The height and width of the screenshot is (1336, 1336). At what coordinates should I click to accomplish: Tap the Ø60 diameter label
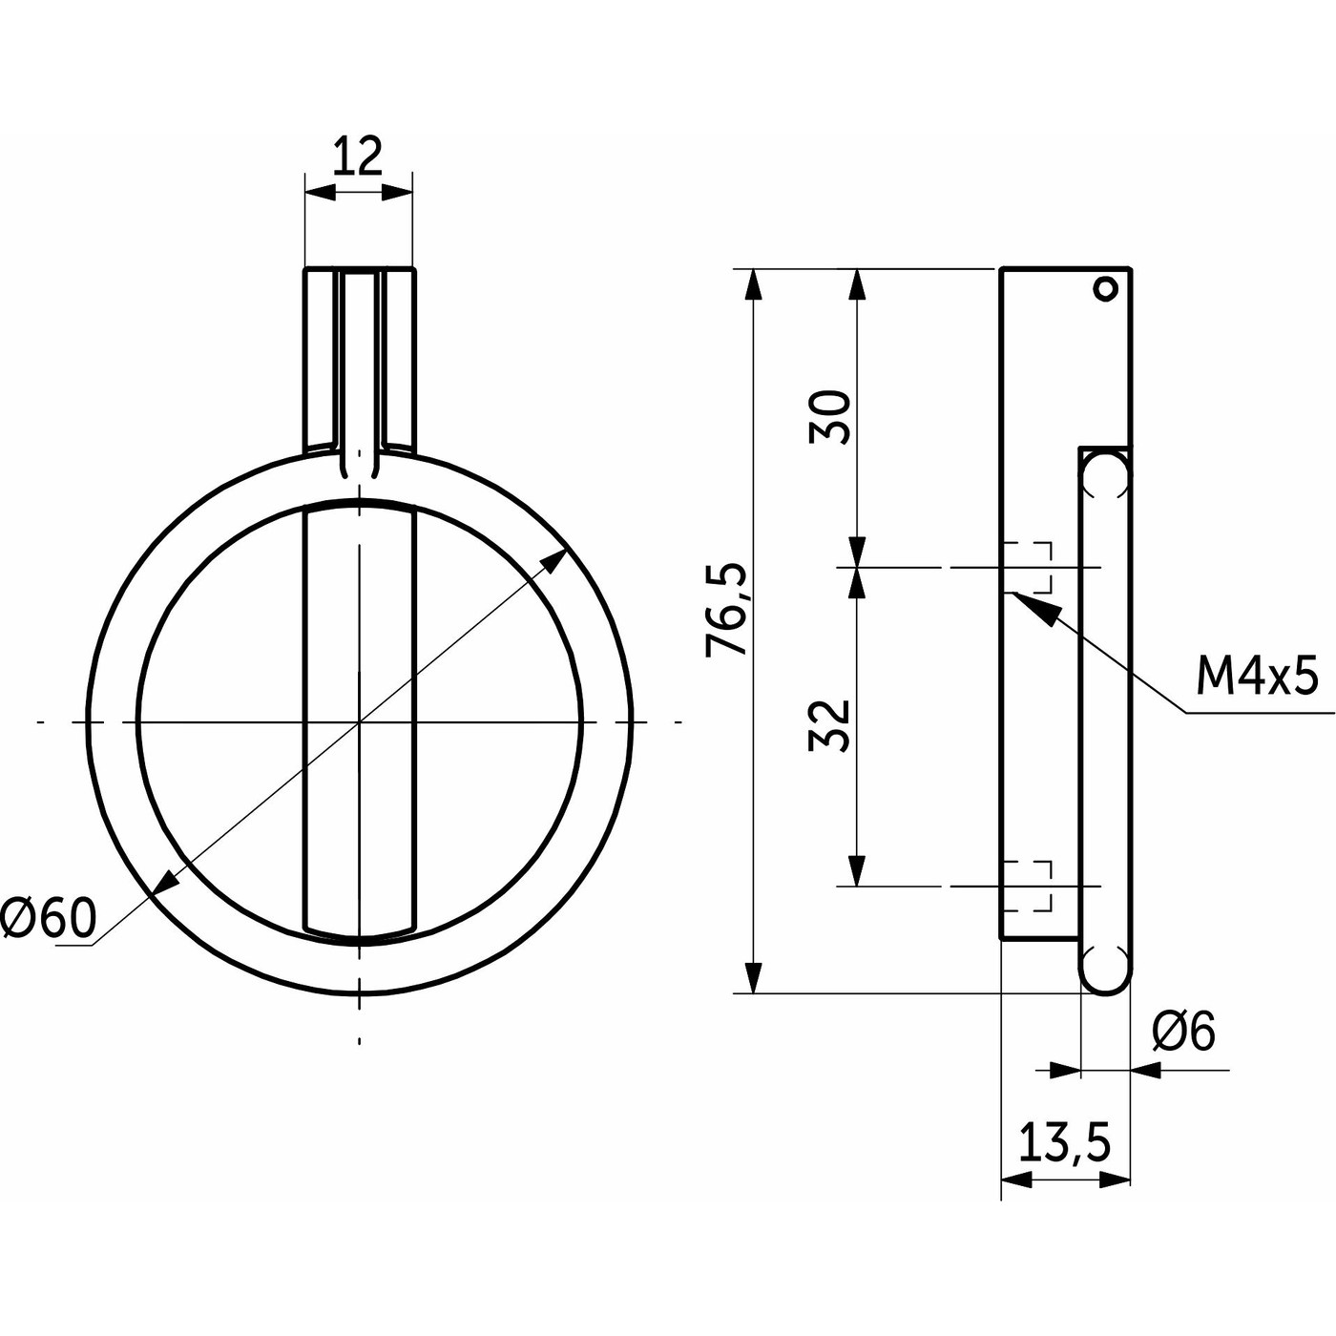click(x=49, y=920)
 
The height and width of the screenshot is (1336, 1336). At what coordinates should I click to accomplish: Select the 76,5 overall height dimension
click(x=726, y=611)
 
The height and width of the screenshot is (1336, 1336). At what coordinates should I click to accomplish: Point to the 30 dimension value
click(x=829, y=417)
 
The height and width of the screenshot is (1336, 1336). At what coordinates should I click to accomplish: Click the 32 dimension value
click(x=829, y=726)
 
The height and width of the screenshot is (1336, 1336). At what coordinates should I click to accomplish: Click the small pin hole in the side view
click(x=1106, y=287)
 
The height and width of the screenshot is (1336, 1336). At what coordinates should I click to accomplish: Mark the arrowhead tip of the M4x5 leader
click(x=1013, y=592)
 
